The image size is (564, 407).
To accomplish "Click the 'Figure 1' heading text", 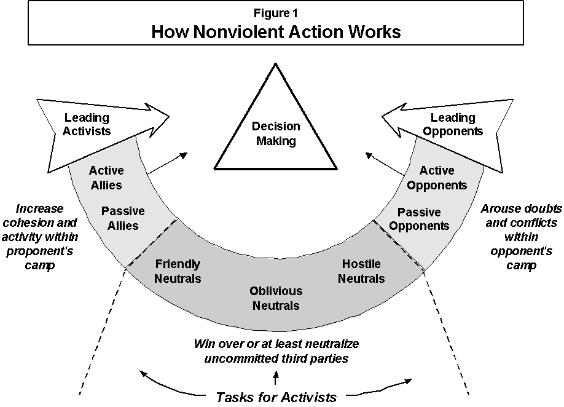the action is [x=275, y=14].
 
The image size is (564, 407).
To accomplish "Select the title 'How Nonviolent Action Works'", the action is [x=276, y=32].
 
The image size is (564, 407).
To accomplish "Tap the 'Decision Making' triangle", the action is [x=275, y=133].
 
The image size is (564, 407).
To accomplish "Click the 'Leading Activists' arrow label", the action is [x=87, y=124].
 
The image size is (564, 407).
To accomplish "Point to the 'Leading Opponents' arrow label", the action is [x=453, y=124].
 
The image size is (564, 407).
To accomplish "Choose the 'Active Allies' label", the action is [x=106, y=178].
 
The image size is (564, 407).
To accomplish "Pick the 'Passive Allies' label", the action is [x=123, y=218].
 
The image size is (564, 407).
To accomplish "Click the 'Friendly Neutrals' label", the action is [x=178, y=271].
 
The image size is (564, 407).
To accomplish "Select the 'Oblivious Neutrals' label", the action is [x=276, y=298].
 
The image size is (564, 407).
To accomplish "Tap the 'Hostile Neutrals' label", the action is [x=361, y=271].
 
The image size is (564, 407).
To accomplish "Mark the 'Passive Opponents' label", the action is [x=419, y=219].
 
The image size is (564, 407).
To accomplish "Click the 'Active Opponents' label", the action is [x=437, y=178].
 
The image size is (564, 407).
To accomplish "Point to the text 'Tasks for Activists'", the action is [x=276, y=397].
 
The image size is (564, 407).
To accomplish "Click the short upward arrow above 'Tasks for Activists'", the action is [x=276, y=377].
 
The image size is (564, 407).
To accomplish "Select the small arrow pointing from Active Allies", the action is [x=168, y=164].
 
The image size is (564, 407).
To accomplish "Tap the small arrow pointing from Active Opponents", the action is [x=385, y=164].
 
